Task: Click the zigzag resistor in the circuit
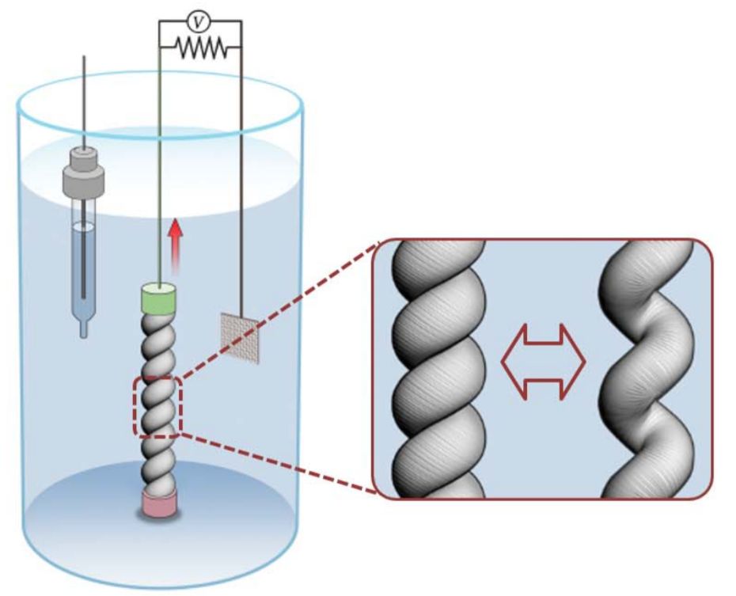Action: click(201, 49)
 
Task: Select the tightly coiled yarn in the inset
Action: click(436, 368)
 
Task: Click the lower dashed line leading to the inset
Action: click(277, 462)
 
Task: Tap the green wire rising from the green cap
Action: click(160, 158)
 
